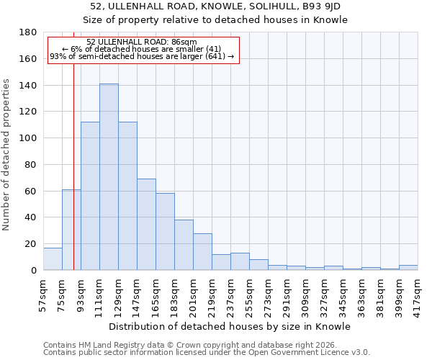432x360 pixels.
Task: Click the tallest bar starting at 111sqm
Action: [x=109, y=177]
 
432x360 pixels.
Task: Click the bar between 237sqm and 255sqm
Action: [x=240, y=262]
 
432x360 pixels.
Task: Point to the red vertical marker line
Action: [x=73, y=180]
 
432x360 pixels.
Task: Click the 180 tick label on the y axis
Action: [x=28, y=32]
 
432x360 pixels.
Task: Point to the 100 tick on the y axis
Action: [x=28, y=138]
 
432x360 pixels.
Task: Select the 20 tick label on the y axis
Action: [x=31, y=244]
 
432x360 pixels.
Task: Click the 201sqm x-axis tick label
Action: [x=194, y=292]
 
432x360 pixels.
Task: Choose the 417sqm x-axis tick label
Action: [x=418, y=292]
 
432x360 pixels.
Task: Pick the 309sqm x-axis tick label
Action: [x=306, y=292]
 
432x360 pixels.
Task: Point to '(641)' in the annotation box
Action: [x=214, y=56]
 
